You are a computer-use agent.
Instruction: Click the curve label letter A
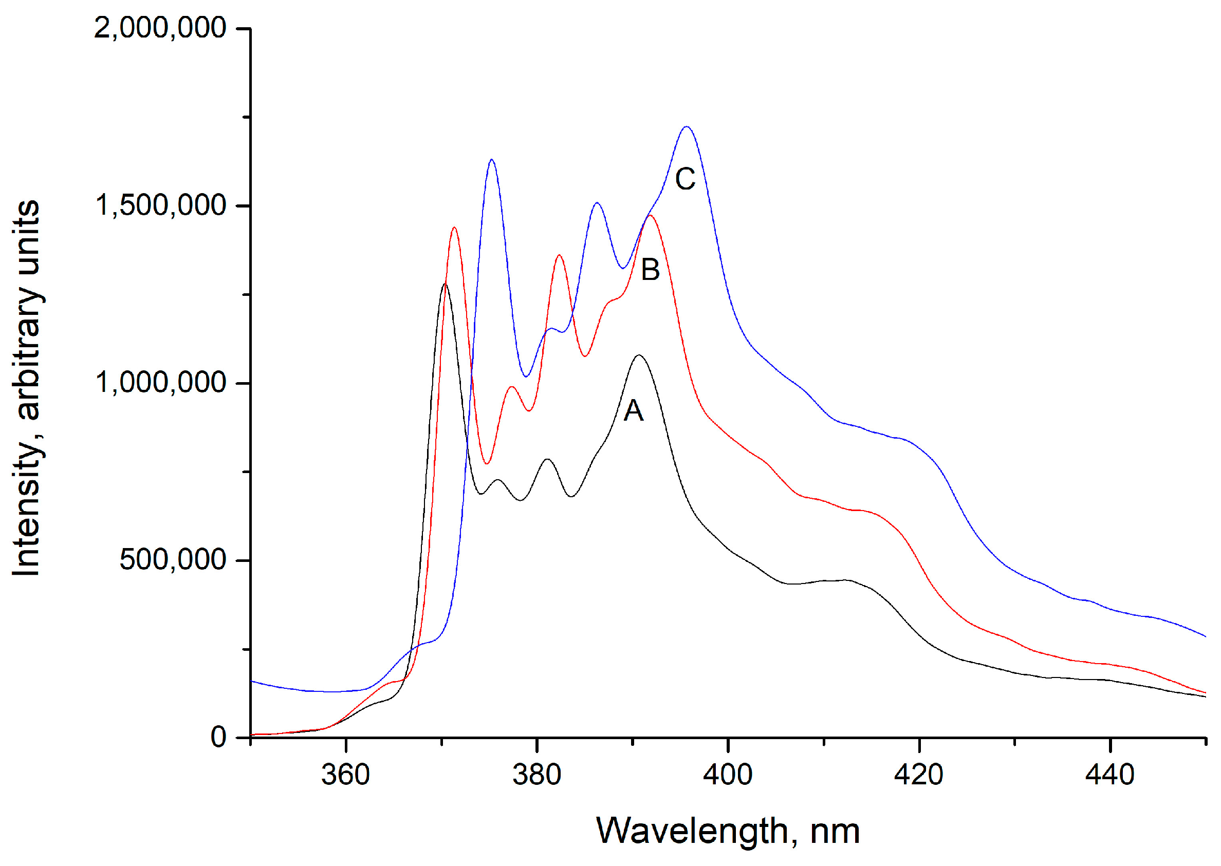[633, 410]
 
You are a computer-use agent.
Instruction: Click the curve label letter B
[650, 270]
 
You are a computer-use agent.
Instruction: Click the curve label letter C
[685, 179]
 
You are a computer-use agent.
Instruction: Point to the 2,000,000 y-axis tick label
[160, 27]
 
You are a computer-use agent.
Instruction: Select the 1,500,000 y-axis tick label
[160, 205]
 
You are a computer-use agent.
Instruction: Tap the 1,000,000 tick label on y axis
[160, 382]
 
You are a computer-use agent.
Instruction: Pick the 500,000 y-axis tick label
[173, 559]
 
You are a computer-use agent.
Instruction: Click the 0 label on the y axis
[218, 738]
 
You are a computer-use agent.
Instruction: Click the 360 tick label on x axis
[345, 774]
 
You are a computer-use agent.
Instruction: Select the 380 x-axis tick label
[536, 774]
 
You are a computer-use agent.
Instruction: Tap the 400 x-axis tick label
[728, 774]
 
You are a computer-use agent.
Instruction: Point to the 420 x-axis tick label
[918, 774]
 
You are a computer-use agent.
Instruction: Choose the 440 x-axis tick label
[1109, 774]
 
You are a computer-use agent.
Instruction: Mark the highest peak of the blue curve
[687, 127]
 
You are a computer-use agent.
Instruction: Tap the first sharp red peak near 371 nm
[454, 228]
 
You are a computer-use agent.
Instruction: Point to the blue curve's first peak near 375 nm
[491, 159]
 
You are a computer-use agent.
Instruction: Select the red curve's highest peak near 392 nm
[650, 215]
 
